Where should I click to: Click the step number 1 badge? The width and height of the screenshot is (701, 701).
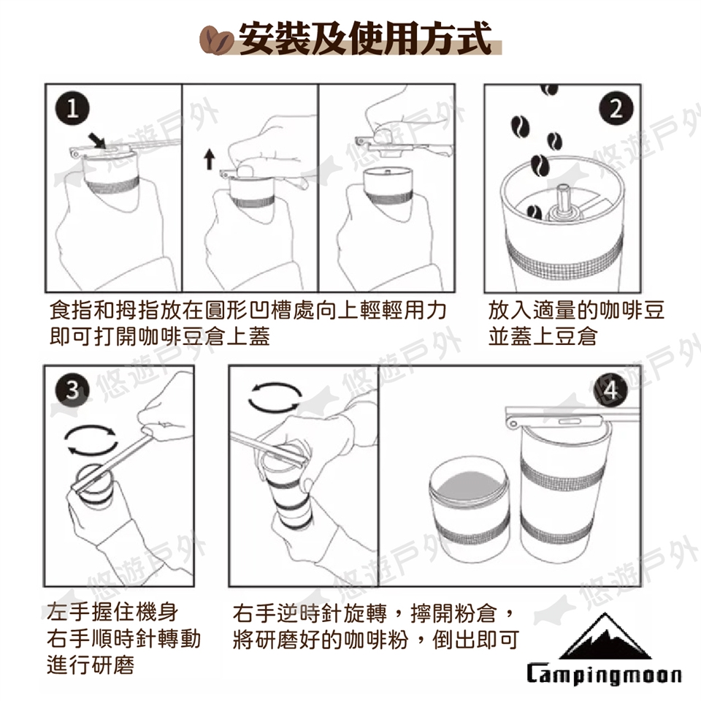point(72,109)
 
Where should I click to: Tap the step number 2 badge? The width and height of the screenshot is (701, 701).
point(616,109)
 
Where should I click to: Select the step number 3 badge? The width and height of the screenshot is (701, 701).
point(72,390)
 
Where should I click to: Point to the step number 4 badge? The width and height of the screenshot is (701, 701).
point(610,390)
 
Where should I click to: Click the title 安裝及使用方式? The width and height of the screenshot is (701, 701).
point(364,39)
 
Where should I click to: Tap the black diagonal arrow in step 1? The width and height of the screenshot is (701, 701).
point(98,140)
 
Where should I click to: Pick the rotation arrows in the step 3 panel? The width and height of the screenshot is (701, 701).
point(91,441)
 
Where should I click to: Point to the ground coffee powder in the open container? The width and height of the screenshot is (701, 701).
point(468,487)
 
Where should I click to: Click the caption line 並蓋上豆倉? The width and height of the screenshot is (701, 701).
point(543,336)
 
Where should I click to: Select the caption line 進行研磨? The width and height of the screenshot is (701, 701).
point(91,664)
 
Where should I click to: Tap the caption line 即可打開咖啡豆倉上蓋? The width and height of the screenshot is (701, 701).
point(160,336)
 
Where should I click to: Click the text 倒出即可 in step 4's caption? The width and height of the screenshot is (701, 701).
point(475,639)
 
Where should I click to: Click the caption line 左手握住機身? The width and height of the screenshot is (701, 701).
point(112,612)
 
